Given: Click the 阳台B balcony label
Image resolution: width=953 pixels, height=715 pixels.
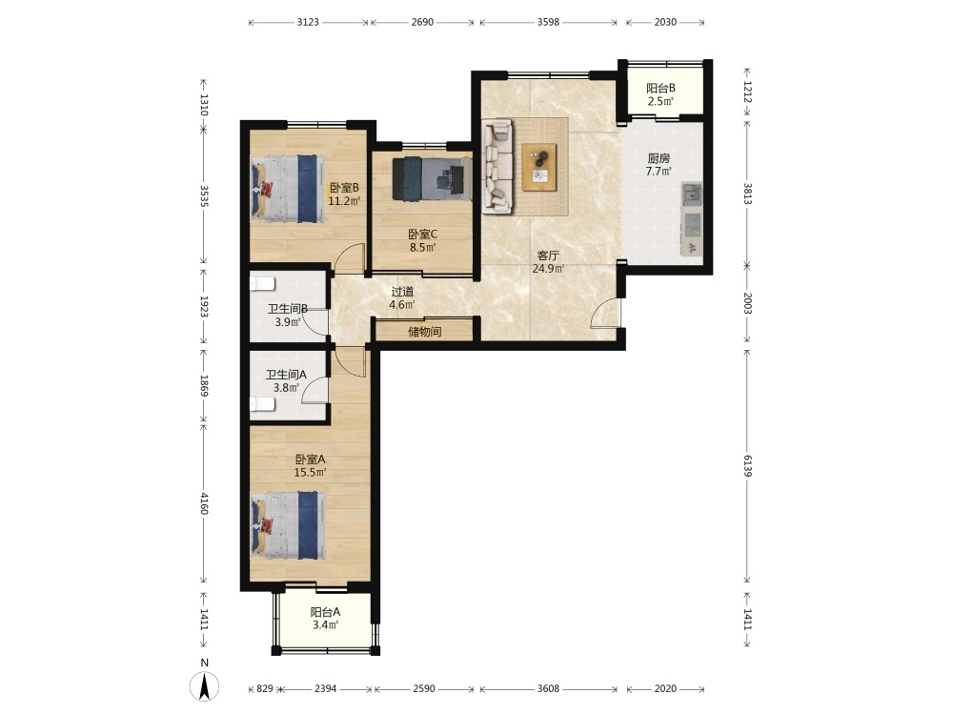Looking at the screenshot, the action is (x=660, y=88).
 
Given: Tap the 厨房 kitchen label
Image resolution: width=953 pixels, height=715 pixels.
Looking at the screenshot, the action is (x=659, y=158).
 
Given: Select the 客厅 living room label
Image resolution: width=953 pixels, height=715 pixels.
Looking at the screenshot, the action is (x=548, y=255).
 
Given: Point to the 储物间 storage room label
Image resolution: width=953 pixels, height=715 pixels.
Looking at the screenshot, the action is (x=425, y=332).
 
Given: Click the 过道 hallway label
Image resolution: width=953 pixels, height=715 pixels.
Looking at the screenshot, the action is (x=402, y=292).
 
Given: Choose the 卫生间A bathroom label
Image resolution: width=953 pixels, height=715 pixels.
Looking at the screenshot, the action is (x=286, y=375).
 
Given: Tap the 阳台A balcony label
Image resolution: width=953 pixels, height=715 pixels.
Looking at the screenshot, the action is (x=325, y=612).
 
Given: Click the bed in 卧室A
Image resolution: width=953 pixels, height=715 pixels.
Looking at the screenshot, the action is (x=288, y=526).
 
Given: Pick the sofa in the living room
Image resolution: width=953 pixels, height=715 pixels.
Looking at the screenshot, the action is (x=497, y=167).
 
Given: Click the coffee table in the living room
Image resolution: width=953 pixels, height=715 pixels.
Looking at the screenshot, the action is (x=539, y=167).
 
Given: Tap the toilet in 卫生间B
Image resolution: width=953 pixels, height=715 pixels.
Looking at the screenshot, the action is (x=263, y=284).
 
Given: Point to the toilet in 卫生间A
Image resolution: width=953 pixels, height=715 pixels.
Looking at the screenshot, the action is (x=263, y=405).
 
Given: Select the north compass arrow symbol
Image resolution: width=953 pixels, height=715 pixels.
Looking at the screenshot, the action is (x=205, y=687).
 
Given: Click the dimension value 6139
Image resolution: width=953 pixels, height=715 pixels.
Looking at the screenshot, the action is (x=747, y=466).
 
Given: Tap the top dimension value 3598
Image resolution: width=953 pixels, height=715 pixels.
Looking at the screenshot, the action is (x=548, y=22).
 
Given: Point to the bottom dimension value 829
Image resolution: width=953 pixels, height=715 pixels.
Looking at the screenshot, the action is (x=264, y=688).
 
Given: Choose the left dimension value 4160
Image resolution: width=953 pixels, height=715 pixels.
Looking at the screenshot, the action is (x=204, y=502).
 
